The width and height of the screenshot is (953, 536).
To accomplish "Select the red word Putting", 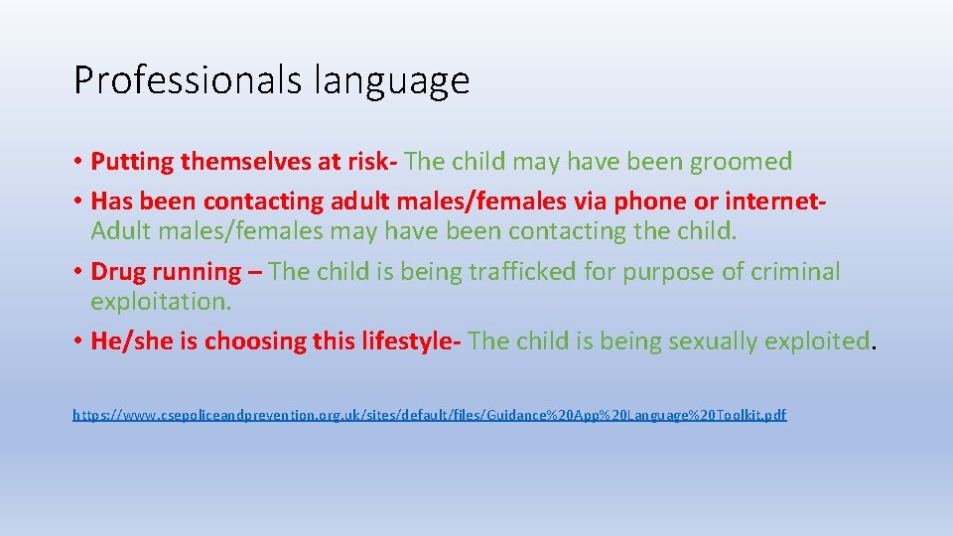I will pyautogui.click(x=127, y=162).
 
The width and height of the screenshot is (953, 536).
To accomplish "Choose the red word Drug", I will pyautogui.click(x=116, y=271).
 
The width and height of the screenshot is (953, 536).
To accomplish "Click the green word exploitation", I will pyautogui.click(x=160, y=301).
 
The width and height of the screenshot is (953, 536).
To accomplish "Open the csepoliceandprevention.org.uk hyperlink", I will pyautogui.click(x=429, y=415).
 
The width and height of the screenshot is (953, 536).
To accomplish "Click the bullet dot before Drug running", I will pyautogui.click(x=78, y=272).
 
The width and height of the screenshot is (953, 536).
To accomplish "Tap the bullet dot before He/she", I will pyautogui.click(x=78, y=341).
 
